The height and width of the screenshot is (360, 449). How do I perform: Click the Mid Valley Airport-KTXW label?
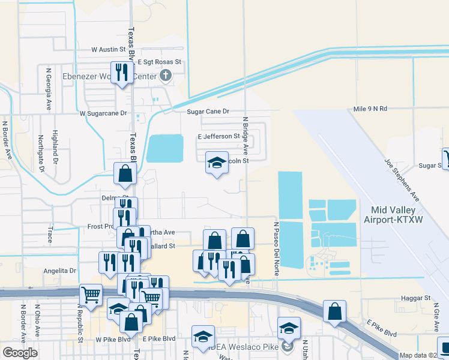394,215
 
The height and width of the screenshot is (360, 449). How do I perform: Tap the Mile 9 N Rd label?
370,109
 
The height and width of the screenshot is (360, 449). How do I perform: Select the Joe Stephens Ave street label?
402,179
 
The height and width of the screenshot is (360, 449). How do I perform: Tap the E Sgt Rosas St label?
159,62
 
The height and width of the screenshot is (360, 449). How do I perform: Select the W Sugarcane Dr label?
104,113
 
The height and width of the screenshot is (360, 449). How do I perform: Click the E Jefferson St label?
219,137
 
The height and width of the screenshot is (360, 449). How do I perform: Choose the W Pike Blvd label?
113,339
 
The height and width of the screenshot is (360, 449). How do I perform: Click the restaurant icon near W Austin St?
122,73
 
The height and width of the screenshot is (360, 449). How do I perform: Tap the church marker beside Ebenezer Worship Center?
165,76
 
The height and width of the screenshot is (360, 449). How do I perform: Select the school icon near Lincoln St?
217,162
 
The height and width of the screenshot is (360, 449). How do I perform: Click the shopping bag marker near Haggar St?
335,311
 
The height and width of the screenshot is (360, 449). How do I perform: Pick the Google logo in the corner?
20,353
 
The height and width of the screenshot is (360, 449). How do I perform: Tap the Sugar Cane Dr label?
209,112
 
